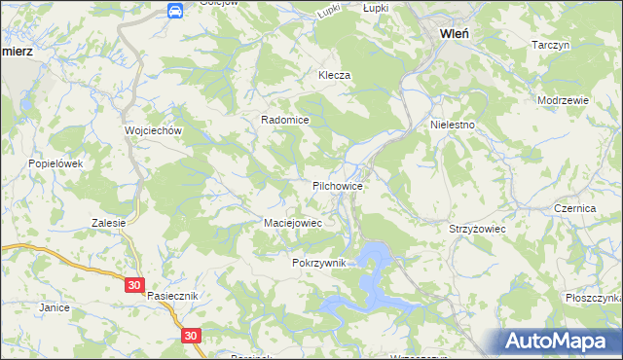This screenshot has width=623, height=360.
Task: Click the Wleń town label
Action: [x=455, y=32]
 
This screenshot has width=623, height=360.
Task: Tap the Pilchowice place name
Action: [x=338, y=185]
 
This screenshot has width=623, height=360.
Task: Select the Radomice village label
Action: [x=284, y=120]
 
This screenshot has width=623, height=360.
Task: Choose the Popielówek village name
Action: [x=55, y=164]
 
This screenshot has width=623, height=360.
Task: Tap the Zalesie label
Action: [x=109, y=223]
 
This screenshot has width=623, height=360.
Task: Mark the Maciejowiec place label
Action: [x=293, y=223]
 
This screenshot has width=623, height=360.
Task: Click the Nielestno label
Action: [x=452, y=126]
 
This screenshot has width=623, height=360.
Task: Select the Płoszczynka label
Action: [x=590, y=299]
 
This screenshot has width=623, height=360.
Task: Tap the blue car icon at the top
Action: [x=174, y=11]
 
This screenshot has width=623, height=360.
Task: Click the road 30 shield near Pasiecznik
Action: [x=134, y=286]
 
